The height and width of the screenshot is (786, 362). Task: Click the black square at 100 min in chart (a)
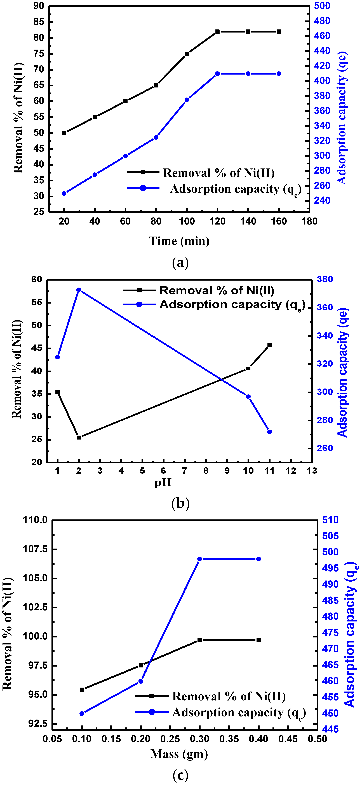pos(187,54)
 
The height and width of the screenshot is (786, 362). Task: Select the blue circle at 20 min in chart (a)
pos(64,193)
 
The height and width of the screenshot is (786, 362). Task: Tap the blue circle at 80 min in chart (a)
pos(156,137)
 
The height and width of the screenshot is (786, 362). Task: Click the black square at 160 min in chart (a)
pos(279,31)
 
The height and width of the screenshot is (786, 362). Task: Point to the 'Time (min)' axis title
pos(179,241)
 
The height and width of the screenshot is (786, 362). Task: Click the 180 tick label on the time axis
pos(309,221)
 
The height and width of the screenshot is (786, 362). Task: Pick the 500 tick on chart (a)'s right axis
pos(322,6)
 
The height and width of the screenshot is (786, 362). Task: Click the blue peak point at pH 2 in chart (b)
pos(79,290)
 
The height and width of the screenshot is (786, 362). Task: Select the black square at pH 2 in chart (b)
pos(79,437)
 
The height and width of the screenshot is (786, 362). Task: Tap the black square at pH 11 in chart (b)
pos(270,345)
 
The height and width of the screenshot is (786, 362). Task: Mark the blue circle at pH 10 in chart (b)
pos(248,396)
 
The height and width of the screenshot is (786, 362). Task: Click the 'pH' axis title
pos(163,482)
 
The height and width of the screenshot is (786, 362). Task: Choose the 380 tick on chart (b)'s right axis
pos(325,279)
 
